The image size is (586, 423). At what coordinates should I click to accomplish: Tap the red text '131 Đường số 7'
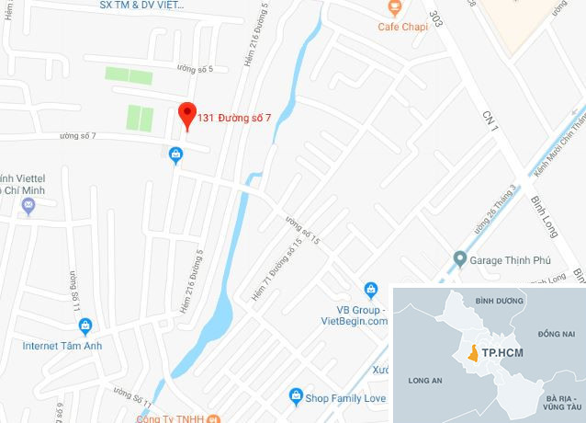[235, 119]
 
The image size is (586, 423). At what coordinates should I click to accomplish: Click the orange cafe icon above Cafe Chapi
[394, 7]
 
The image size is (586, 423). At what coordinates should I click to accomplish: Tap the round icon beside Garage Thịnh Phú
[459, 257]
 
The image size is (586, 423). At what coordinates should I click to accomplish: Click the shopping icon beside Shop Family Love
[296, 397]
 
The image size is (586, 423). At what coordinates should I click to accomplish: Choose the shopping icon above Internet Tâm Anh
[85, 325]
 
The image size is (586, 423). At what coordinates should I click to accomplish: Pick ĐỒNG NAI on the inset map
[557, 332]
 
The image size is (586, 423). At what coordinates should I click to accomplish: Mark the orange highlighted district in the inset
[473, 353]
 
